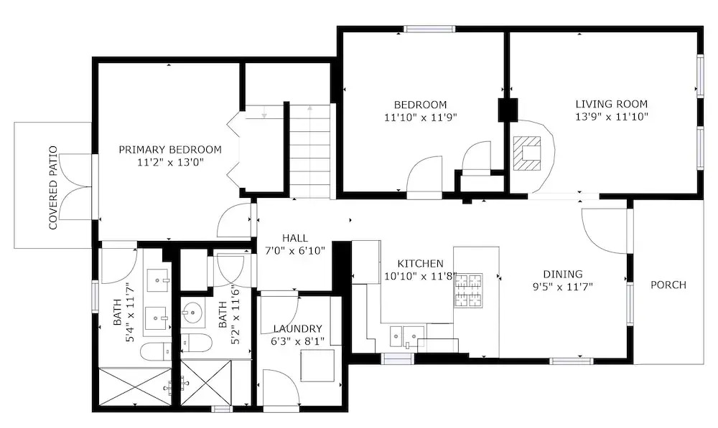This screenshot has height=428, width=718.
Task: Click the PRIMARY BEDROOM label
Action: click(170, 150)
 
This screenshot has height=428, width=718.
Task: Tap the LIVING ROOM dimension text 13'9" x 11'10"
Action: click(612, 117)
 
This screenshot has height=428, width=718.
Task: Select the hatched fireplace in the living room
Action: click(526, 153)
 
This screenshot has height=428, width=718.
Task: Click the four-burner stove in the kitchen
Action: click(468, 290)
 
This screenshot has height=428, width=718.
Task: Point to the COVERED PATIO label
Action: click(54, 188)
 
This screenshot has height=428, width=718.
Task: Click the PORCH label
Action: click(668, 285)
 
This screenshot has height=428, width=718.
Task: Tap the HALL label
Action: click(295, 238)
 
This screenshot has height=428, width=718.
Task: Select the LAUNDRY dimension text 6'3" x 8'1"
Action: click(298, 341)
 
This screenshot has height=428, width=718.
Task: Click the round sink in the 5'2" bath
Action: click(192, 313)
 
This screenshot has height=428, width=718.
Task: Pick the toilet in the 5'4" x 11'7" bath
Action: click(156, 351)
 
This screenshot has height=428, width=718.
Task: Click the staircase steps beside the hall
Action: click(309, 151)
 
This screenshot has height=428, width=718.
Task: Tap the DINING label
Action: click(563, 274)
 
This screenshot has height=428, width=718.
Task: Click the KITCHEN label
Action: click(420, 263)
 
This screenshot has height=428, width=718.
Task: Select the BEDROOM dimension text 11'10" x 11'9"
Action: click(420, 118)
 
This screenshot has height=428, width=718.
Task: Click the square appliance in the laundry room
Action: click(317, 366)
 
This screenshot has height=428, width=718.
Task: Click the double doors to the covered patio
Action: click(76, 187)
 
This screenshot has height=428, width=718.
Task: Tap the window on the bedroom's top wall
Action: click(429, 29)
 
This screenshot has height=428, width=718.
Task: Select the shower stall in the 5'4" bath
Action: click(136, 386)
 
